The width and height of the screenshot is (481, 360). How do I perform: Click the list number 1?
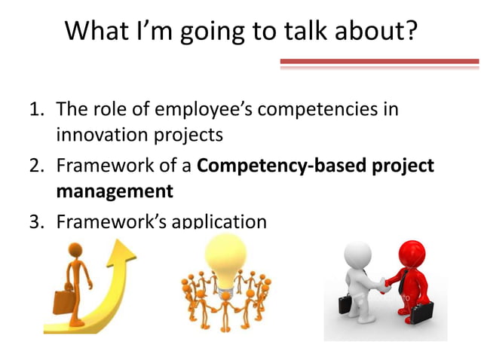[35, 110]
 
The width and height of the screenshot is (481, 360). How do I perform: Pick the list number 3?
[35, 222]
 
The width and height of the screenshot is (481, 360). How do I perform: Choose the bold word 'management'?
[115, 191]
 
